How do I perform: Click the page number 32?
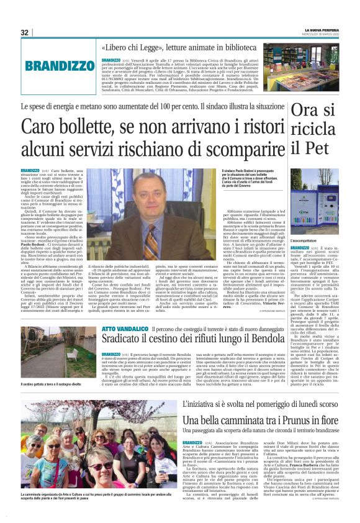(25, 32)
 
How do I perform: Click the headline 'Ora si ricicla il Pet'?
(308, 129)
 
